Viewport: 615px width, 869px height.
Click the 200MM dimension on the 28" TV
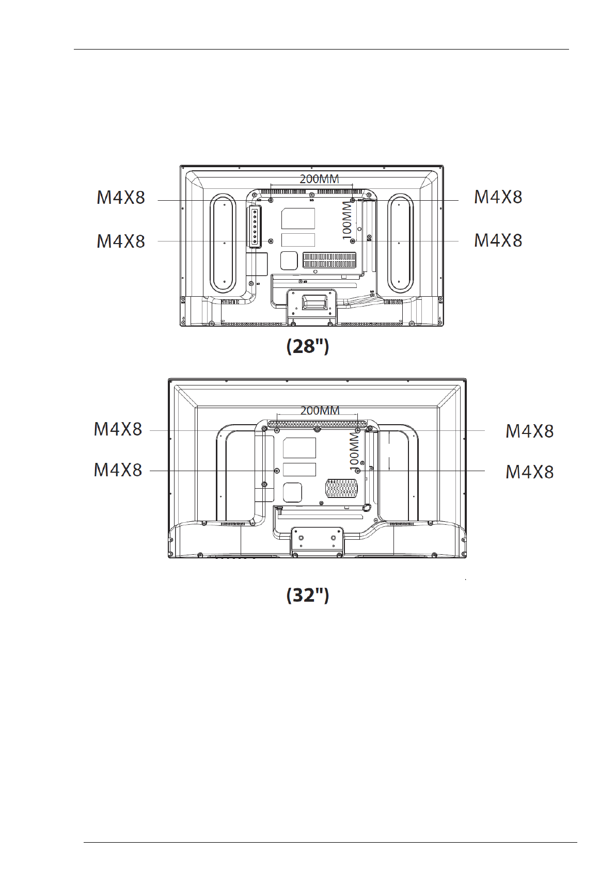319,179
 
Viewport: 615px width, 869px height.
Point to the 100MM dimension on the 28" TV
346,220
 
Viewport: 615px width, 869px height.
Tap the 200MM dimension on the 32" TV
320,410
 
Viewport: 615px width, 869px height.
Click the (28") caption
308,346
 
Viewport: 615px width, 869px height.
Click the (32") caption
308,595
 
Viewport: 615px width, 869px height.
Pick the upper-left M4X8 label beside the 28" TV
121,198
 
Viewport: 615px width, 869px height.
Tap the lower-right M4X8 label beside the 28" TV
498,240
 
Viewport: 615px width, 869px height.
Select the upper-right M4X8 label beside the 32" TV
530,431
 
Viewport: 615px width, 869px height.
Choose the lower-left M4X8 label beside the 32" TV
118,470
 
